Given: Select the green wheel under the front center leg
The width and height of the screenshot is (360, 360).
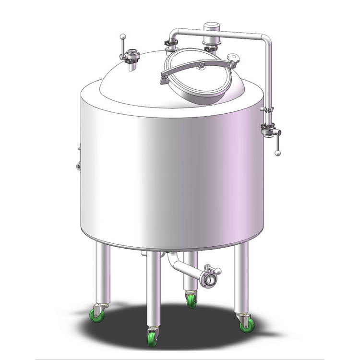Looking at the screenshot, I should [153, 337].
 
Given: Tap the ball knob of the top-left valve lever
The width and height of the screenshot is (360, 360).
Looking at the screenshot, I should [123, 37].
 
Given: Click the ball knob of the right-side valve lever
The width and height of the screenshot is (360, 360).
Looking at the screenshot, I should [277, 153].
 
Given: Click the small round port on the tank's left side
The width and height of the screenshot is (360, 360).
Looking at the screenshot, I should [78, 166].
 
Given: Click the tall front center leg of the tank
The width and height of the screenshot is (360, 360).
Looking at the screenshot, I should [153, 288].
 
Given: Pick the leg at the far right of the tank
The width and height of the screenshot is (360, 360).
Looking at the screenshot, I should [241, 278].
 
